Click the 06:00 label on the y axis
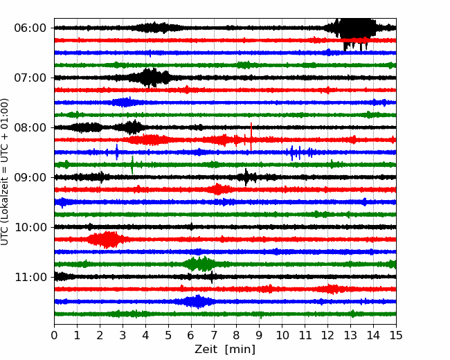pos(30,28)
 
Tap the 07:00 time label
pos(30,78)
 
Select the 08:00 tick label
pos(30,127)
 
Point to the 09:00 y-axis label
pos(30,177)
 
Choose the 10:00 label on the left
pos(30,227)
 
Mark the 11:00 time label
pos(30,277)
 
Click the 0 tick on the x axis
pos(54,335)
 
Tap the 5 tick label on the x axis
pos(168,335)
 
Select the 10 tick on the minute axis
pos(282,335)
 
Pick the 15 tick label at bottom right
pos(396,335)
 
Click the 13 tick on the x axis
pos(350,335)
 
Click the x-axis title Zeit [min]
pos(225,350)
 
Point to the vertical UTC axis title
pos(5,172)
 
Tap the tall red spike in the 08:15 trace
pos(251,136)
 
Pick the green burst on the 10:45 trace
pos(199,264)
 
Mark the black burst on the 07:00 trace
pos(150,78)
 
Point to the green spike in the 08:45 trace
pos(132,165)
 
